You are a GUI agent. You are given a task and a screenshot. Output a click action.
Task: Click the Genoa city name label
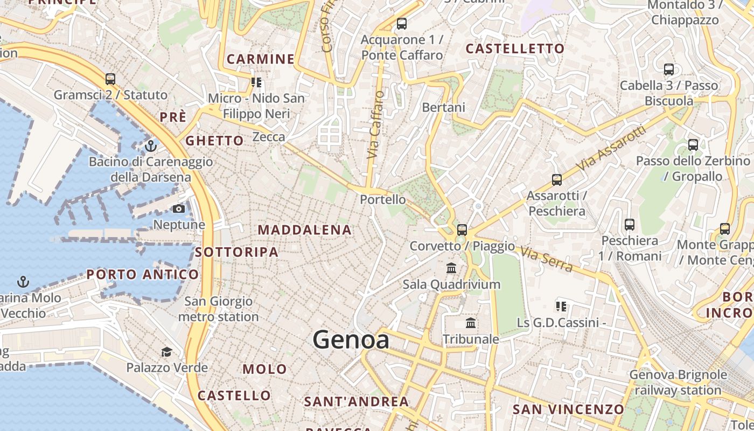351,340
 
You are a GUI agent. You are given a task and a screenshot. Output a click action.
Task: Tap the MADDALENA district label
304,230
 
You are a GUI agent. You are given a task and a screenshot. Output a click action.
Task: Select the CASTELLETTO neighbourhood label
515,49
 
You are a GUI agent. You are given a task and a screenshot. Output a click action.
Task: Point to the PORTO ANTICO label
143,274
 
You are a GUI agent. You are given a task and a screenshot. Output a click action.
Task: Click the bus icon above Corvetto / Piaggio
462,230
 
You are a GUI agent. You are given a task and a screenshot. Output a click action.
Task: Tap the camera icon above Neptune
179,209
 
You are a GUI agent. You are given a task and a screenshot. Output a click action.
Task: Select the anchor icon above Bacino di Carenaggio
151,145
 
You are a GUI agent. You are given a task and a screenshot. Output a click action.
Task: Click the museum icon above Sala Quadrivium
451,268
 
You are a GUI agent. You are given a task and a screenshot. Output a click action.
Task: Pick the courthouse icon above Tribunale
471,323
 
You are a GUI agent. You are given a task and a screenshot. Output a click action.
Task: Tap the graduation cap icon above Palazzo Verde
167,352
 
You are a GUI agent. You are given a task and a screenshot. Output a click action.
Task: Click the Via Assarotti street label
611,149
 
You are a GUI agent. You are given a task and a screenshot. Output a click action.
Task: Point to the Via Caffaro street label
375,125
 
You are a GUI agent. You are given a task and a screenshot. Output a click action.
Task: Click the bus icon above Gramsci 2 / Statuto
110,79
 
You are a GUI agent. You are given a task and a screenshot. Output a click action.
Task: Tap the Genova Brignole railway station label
678,382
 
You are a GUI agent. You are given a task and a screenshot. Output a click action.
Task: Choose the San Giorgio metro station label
218,309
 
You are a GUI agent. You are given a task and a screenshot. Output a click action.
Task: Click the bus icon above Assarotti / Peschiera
557,180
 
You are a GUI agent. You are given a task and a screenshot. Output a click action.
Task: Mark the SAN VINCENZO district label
568,409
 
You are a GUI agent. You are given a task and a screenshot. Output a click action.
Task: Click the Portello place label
383,199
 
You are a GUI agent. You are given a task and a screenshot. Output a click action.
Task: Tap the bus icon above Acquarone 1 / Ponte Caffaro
402,24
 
